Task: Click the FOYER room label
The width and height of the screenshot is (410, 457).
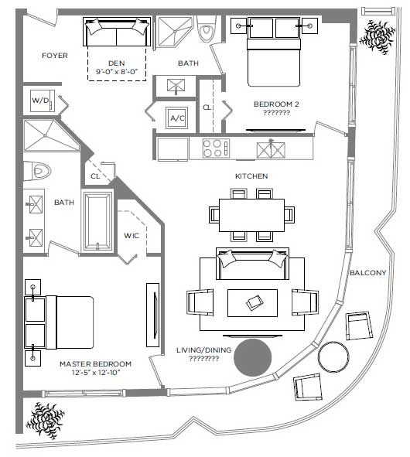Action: coord(54,56)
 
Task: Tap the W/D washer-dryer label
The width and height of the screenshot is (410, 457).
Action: coord(40,101)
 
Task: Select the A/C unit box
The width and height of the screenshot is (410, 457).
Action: coord(177,118)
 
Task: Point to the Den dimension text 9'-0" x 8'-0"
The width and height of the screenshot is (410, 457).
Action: coord(117,72)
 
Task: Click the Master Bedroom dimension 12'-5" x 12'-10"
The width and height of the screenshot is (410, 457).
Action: coord(96,373)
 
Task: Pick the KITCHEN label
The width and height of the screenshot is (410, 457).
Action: coord(251,176)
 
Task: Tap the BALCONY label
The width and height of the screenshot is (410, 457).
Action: coord(368,273)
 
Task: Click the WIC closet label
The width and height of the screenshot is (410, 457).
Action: coord(132,236)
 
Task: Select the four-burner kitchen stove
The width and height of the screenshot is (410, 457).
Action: coord(216,148)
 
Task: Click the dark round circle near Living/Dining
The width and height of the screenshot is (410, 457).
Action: coord(252,357)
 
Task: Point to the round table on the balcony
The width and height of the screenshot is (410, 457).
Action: coord(333,356)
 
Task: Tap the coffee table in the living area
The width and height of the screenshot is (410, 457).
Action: coord(252,303)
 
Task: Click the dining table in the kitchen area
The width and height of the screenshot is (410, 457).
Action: coord(251,215)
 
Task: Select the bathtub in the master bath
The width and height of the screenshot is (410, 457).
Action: coord(97,221)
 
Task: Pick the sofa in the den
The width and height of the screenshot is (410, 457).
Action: coord(117,32)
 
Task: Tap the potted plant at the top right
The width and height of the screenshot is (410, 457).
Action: coord(378,36)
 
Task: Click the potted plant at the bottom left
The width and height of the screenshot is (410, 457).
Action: coord(45,421)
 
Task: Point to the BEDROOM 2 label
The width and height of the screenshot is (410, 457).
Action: coord(276,104)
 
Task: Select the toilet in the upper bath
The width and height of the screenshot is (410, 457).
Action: coord(207,29)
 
